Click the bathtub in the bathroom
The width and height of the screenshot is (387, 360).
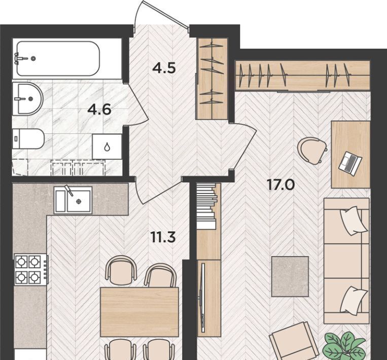tap(58, 58)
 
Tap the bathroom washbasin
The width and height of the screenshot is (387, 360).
tap(27, 99)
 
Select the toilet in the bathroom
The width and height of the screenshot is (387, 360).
tap(28, 138)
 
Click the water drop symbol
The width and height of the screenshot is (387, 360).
tap(107, 147)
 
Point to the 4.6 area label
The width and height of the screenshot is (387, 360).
tap(99, 110)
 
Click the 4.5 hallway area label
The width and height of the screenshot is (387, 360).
tap(164, 68)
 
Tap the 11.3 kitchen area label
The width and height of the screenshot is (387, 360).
tap(163, 237)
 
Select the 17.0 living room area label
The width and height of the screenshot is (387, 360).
tap(281, 185)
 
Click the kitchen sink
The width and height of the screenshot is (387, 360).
tap(73, 200)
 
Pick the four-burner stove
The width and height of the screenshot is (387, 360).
tap(30, 269)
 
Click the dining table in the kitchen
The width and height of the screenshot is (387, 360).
tap(139, 312)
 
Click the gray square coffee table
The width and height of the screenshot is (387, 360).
tap(290, 276)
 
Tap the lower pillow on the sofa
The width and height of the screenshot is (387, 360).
tap(354, 300)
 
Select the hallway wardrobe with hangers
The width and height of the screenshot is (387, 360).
tap(213, 79)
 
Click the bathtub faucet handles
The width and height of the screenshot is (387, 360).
tap(20, 58)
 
